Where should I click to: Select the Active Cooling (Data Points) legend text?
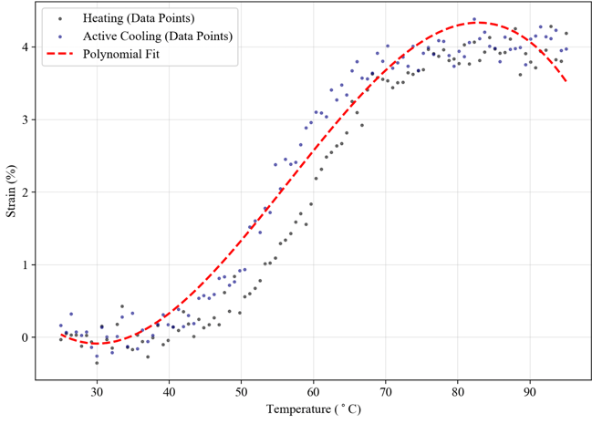[156, 36]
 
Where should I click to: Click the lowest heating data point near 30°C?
[97, 363]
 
